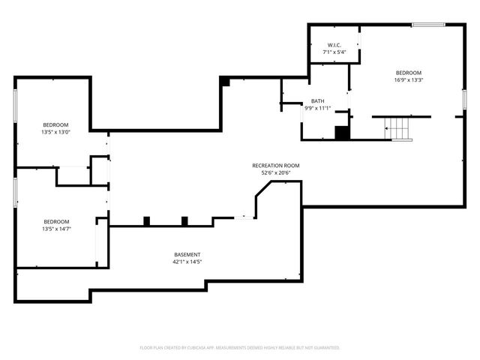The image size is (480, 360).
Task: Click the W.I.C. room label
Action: click(334, 44)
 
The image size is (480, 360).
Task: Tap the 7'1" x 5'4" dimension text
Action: click(334, 52)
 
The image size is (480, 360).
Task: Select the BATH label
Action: click(318, 100)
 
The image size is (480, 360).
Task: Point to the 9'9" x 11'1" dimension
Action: click(318, 108)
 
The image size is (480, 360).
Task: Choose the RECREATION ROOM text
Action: click(275, 165)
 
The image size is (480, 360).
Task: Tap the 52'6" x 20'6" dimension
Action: click(275, 172)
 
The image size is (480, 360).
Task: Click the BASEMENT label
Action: click(187, 255)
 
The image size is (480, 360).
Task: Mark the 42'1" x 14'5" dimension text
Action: click(187, 262)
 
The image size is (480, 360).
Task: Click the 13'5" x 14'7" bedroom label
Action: click(56, 225)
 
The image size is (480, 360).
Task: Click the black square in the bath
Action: click(342, 133)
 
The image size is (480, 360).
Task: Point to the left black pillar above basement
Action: click(147, 220)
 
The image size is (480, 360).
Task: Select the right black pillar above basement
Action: click(184, 220)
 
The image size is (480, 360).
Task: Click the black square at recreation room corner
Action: click(224, 81)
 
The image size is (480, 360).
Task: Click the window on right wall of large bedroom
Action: click(464, 100)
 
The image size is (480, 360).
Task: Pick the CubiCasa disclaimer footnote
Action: click(240, 347)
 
